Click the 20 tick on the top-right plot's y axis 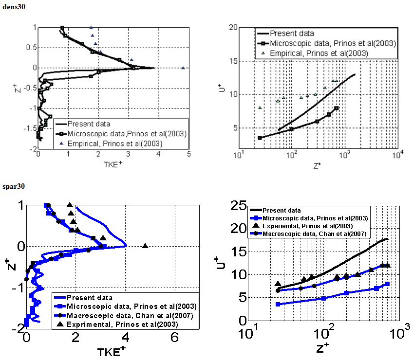[233, 28]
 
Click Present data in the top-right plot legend [292, 34]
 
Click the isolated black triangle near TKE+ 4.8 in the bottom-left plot [145, 246]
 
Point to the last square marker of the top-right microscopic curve [337, 108]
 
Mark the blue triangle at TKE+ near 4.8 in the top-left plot [183, 68]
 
